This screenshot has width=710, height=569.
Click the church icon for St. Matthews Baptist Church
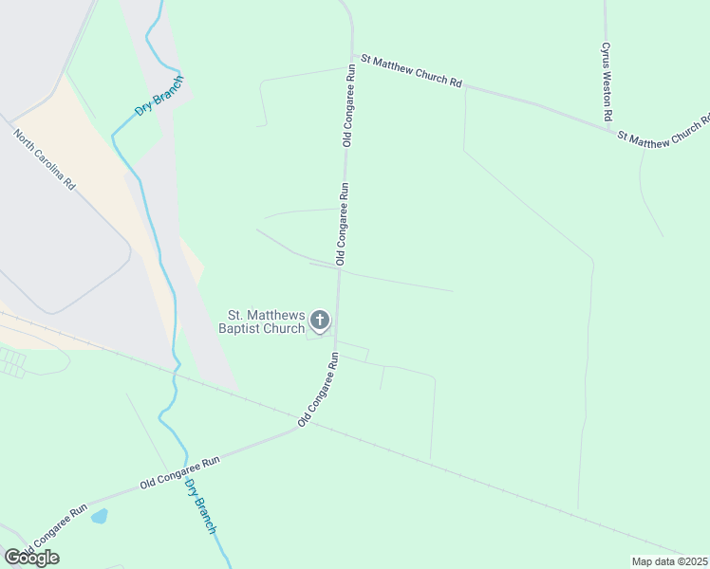320,321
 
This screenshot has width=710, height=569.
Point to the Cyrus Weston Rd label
605,81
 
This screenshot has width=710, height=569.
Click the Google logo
31,558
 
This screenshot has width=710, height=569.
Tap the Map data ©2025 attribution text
669,561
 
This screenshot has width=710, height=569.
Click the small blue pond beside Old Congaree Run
99,516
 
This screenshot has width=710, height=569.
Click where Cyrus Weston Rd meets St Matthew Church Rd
607,127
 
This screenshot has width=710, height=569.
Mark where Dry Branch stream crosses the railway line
176,371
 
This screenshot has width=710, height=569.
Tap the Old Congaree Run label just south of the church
319,389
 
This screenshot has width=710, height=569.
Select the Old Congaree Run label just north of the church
340,223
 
